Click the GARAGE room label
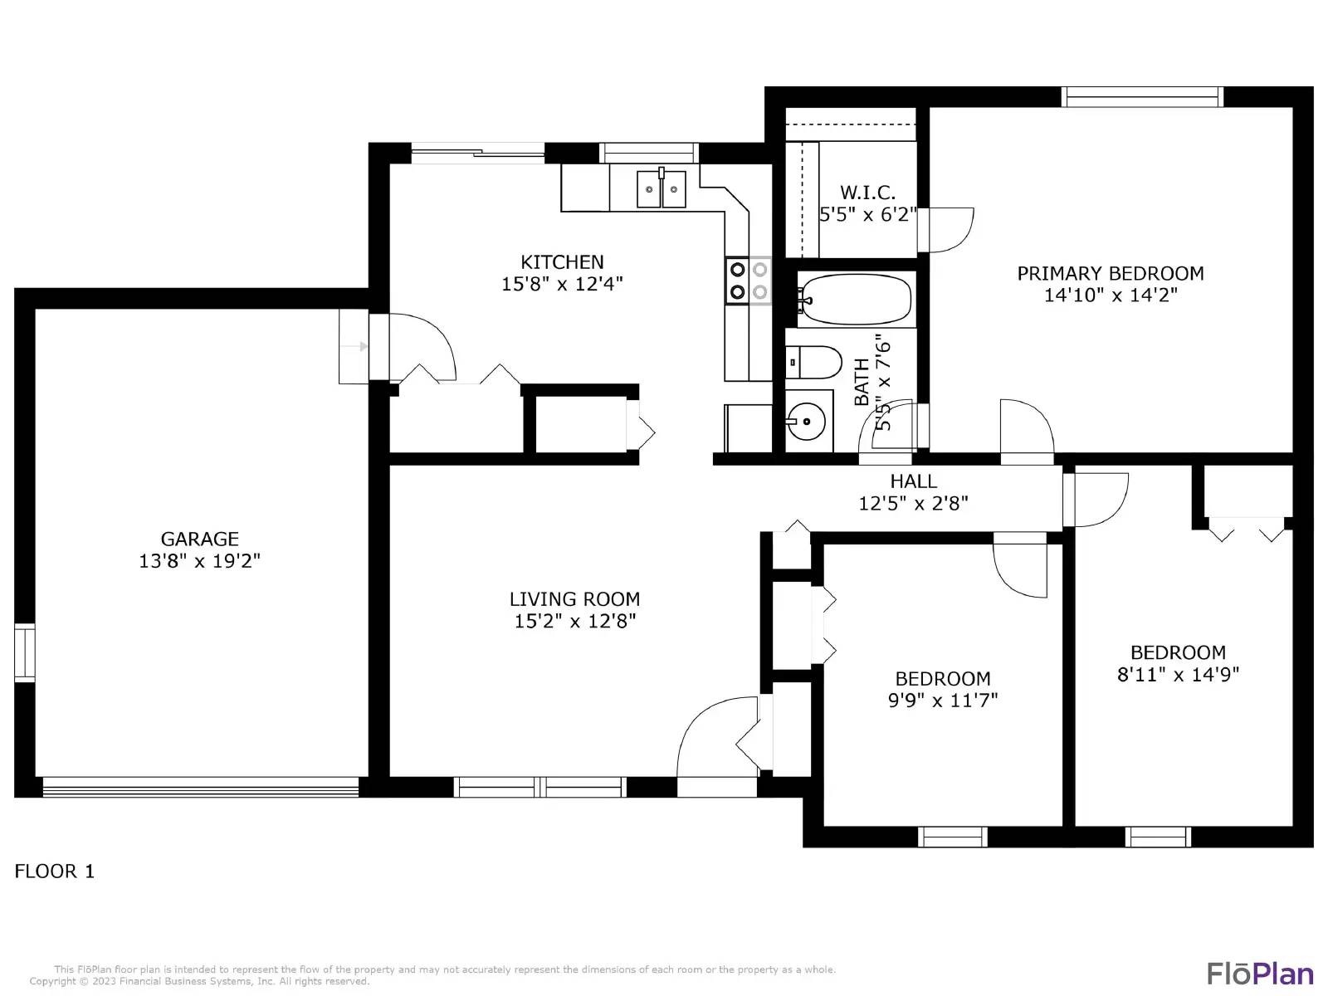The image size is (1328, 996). [199, 539]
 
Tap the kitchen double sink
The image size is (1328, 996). [662, 190]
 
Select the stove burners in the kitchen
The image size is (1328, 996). [748, 281]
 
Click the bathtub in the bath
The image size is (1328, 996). [855, 299]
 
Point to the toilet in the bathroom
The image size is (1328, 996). [814, 363]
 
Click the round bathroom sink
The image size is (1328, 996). [805, 422]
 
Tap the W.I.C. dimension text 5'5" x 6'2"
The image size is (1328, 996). [868, 214]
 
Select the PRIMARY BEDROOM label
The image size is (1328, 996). [1110, 273]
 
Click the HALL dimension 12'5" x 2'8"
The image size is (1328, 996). [913, 503]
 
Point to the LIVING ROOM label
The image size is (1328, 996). [574, 598]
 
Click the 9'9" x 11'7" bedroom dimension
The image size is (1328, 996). [943, 700]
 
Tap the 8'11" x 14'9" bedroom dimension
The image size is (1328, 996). [1178, 674]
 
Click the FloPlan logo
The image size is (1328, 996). [1260, 973]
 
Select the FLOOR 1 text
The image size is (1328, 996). [55, 871]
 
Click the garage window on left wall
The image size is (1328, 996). [25, 652]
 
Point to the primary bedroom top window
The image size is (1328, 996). [1143, 97]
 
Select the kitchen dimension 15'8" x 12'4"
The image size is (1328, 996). [562, 284]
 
